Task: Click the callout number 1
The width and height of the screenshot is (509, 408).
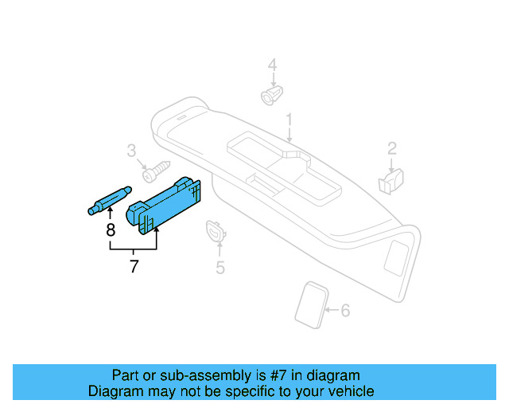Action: coord(289,120)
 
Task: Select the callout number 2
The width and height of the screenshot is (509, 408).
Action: coord(392,147)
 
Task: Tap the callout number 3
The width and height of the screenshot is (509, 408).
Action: coord(132,151)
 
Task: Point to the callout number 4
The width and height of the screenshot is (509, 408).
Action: coord(272,65)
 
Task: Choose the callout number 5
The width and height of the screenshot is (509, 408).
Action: coord(220,268)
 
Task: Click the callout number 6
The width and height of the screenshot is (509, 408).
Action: coord(344,310)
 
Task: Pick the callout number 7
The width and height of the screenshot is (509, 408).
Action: coord(134,267)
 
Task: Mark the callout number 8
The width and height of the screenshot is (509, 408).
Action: coord(111,230)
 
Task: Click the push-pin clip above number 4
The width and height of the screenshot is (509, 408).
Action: coord(270,96)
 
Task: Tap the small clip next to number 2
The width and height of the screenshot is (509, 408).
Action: coord(391,180)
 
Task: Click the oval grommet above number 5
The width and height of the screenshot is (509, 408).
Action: coord(216,231)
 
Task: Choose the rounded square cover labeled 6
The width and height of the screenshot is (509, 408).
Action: coord(311,304)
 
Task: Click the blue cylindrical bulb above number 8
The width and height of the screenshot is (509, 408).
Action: coord(108,200)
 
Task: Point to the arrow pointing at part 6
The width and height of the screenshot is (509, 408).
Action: coord(332,309)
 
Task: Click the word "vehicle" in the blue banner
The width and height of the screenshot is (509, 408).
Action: coord(350,391)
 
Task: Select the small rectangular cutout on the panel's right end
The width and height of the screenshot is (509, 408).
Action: coord(395,257)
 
